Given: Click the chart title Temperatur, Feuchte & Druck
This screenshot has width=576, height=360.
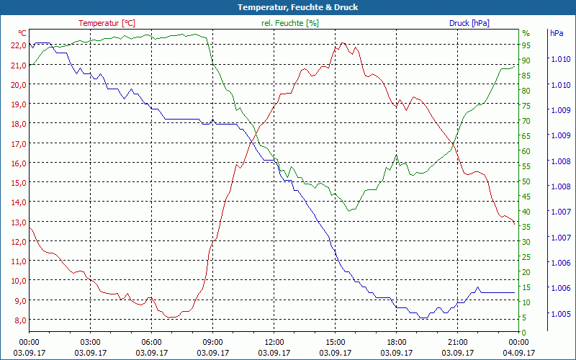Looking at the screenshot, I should pyautogui.click(x=288, y=7).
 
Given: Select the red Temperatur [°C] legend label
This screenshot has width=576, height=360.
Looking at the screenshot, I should pyautogui.click(x=107, y=23).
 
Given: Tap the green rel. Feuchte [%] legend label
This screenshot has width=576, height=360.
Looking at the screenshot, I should pyautogui.click(x=289, y=23).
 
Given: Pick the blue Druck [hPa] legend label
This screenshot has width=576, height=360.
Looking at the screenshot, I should pyautogui.click(x=469, y=23).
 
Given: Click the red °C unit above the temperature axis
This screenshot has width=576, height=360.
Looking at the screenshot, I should pyautogui.click(x=22, y=33).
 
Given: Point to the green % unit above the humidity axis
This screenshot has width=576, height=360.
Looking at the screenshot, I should pyautogui.click(x=526, y=33).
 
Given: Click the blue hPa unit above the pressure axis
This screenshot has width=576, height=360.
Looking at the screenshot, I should pyautogui.click(x=557, y=33).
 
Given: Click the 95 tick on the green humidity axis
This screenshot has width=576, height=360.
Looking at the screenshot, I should pyautogui.click(x=526, y=45).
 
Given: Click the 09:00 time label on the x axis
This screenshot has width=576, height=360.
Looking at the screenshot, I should pyautogui.click(x=212, y=342).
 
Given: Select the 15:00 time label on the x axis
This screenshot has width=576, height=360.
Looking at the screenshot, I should pyautogui.click(x=335, y=342).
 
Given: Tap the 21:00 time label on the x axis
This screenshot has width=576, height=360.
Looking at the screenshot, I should pyautogui.click(x=457, y=342).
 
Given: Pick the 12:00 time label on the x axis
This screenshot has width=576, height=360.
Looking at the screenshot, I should pyautogui.click(x=274, y=342).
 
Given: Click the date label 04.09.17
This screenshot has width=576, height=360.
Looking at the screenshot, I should pyautogui.click(x=518, y=353).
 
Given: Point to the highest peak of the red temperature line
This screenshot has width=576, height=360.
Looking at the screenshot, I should pyautogui.click(x=343, y=43).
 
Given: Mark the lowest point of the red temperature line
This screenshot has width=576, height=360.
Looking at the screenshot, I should pyautogui.click(x=171, y=318).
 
